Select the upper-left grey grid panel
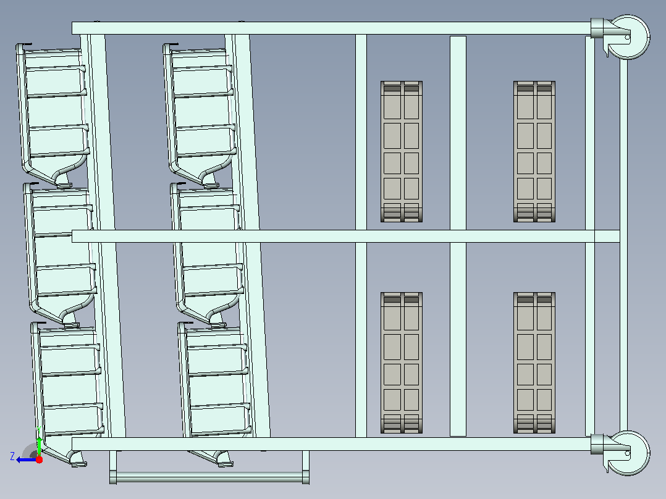tap(402, 151)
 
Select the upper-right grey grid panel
tap(534, 151)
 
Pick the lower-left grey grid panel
tap(402, 363)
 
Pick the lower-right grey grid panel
tap(534, 363)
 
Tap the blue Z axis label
tap(12, 456)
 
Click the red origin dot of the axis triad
tap(39, 459)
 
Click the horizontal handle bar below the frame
tap(209, 477)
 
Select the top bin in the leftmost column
tap(53, 115)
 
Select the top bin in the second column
tap(200, 115)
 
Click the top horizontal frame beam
tap(331, 28)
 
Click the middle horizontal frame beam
tap(346, 236)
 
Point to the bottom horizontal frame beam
tap(331, 444)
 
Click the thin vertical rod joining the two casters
tap(623, 245)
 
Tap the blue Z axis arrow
tap(27, 460)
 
